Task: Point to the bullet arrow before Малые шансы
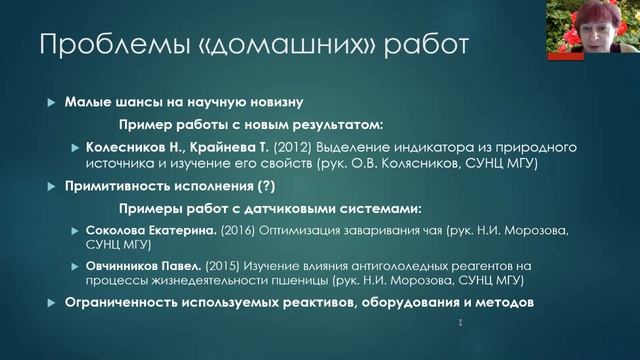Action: [x=53, y=104]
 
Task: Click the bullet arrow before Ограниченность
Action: [x=53, y=303]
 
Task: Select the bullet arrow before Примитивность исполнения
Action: [x=53, y=187]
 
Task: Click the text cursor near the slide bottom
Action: [x=459, y=323]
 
